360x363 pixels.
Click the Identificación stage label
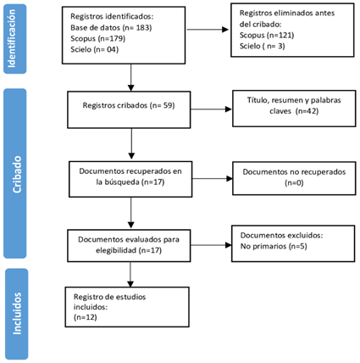[x=12, y=38]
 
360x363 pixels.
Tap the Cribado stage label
[x=17, y=175]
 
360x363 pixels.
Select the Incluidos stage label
[x=17, y=314]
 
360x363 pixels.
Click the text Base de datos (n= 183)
[x=111, y=28]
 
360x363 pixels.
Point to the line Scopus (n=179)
[x=97, y=38]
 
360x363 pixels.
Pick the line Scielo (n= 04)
[x=94, y=49]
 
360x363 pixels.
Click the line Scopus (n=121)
[x=267, y=35]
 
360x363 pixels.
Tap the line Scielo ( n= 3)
[x=262, y=46]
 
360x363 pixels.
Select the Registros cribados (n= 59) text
[x=129, y=105]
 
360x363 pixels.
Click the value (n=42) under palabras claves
[x=307, y=111]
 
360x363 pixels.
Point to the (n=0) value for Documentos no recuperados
[x=294, y=183]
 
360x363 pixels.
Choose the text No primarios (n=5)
[x=274, y=246]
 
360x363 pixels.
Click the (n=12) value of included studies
[x=86, y=317]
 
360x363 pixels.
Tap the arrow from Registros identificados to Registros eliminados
[x=208, y=30]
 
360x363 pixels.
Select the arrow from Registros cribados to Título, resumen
[x=211, y=109]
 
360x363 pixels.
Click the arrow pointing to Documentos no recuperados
[x=213, y=178]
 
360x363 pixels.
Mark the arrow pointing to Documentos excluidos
[x=211, y=245]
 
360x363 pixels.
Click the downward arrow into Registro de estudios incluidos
[x=130, y=275]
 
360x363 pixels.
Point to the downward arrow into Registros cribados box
[x=130, y=77]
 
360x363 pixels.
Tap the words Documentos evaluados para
[x=129, y=240]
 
